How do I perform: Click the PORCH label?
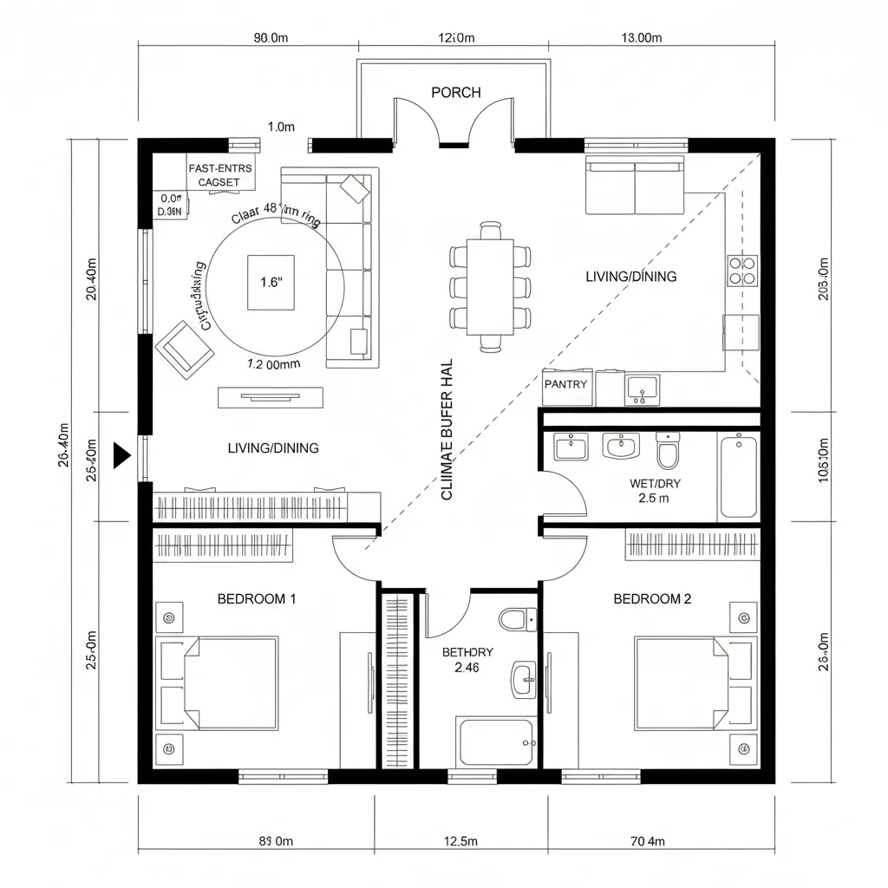pos(455,93)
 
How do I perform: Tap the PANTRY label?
pos(565,384)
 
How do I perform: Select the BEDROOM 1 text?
pos(257,598)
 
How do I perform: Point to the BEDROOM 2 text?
pos(652,598)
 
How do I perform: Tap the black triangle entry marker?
pos(121,454)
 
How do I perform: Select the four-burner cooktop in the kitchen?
pos(743,270)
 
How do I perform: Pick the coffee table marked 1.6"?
pos(272,282)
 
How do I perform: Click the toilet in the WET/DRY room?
pos(668,450)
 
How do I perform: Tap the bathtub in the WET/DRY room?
pos(739,476)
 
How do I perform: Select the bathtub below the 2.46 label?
pos(497,741)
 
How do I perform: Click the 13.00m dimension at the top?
pos(641,37)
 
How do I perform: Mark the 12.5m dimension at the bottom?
pos(460,840)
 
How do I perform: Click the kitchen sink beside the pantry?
pos(641,389)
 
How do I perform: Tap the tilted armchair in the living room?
pos(185,349)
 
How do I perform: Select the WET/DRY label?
pos(656,483)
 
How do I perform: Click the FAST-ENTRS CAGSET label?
pos(219,175)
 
